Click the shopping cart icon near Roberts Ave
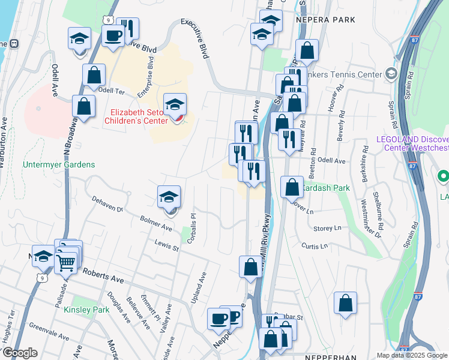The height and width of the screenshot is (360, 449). (65, 263)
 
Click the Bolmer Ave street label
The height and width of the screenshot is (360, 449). (155, 224)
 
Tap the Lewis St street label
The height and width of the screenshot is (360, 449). (166, 245)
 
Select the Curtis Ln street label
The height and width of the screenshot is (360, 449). (315, 246)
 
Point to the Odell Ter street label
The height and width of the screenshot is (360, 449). (110, 91)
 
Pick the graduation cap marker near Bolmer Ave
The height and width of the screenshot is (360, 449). (169, 197)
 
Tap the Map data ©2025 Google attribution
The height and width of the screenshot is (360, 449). (411, 355)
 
